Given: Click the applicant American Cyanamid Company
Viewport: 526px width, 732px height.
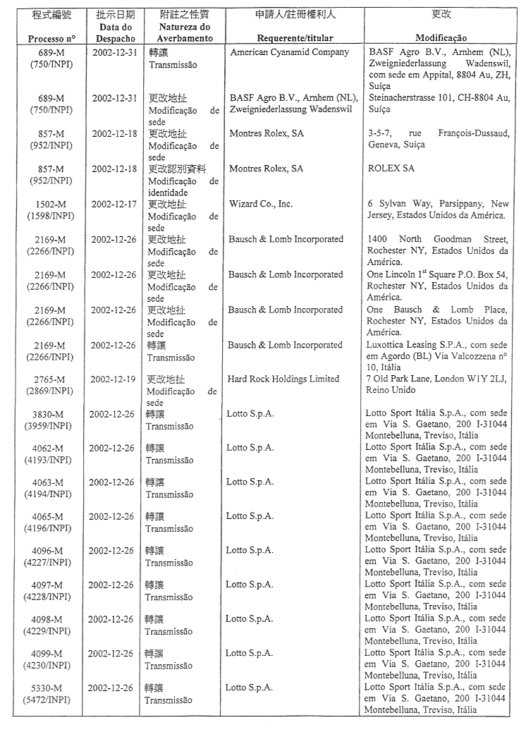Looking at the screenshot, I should (289, 52).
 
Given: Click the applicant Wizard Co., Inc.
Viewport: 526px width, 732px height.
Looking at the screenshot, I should (260, 205).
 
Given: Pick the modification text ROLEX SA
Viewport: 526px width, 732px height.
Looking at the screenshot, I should (391, 169).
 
